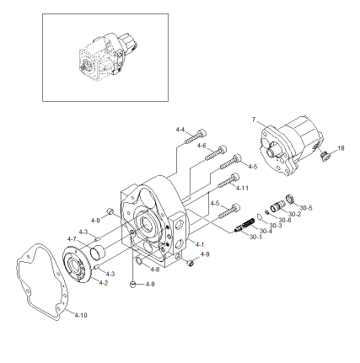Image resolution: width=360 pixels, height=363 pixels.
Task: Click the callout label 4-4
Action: point(180,130)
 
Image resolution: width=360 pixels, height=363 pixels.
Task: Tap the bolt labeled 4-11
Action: point(227,179)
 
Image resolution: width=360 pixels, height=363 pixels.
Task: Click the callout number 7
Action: point(254,120)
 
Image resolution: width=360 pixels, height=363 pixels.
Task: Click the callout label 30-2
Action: point(294,214)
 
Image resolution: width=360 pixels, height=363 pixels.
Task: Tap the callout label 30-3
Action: point(275,225)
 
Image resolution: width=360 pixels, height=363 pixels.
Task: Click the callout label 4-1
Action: point(200,244)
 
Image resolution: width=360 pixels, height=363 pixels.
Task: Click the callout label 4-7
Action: point(72,239)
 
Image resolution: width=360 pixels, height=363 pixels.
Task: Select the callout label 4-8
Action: point(154,269)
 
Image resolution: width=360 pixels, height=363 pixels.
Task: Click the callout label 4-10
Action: point(81,315)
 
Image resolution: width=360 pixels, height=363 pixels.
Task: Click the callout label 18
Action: point(341,148)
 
